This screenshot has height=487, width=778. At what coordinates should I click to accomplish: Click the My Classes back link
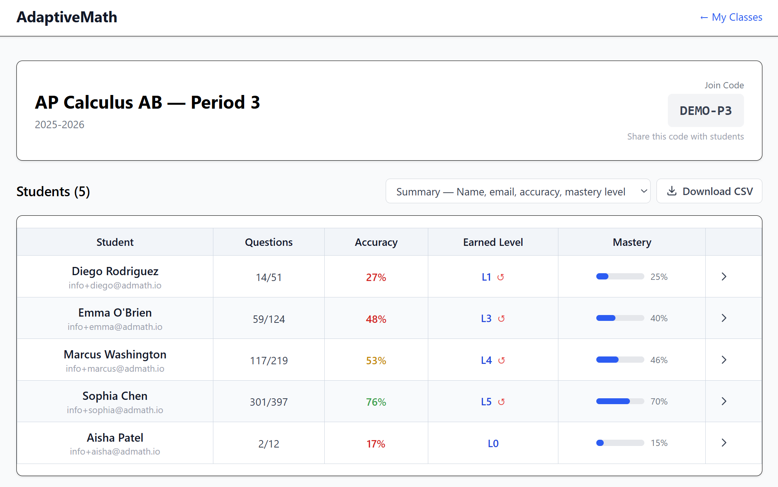pyautogui.click(x=731, y=17)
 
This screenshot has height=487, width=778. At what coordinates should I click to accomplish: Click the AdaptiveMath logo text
pyautogui.click(x=67, y=17)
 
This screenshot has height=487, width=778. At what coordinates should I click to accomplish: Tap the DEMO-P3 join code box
pyautogui.click(x=705, y=111)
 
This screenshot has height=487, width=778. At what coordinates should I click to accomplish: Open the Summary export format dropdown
pyautogui.click(x=518, y=192)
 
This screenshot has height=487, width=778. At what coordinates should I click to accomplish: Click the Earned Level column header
pyautogui.click(x=493, y=242)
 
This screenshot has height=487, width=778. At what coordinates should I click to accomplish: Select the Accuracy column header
pyautogui.click(x=376, y=242)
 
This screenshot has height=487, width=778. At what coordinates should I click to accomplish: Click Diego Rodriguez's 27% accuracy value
pyautogui.click(x=376, y=278)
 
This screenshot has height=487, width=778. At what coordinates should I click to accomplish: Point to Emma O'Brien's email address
pyautogui.click(x=115, y=327)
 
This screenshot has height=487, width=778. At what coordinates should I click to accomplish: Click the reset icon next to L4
pyautogui.click(x=501, y=360)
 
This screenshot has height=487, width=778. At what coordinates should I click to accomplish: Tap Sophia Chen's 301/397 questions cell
pyautogui.click(x=269, y=402)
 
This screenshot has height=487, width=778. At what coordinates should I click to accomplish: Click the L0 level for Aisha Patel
pyautogui.click(x=493, y=444)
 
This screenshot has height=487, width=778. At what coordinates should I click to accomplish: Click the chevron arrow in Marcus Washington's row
pyautogui.click(x=724, y=360)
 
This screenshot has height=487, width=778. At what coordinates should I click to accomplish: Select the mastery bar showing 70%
pyautogui.click(x=620, y=401)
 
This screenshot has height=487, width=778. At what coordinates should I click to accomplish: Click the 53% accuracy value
pyautogui.click(x=376, y=360)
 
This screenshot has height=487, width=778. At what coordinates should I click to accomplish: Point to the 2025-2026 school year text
pyautogui.click(x=59, y=125)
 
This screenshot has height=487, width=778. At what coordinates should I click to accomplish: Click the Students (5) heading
pyautogui.click(x=53, y=192)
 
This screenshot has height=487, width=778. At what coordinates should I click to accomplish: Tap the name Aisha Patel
pyautogui.click(x=115, y=437)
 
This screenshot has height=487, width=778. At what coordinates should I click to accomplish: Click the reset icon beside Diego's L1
pyautogui.click(x=501, y=277)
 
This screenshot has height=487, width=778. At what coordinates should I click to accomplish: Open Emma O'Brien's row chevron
pyautogui.click(x=724, y=318)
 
